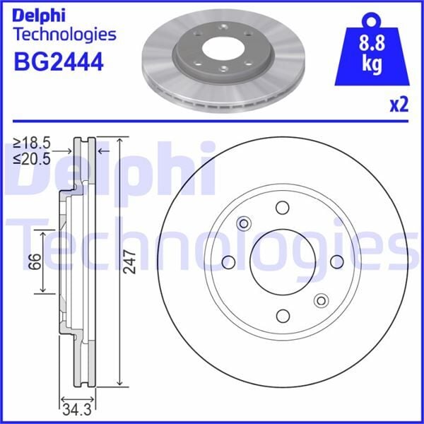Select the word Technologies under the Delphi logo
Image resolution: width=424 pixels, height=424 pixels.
tap(64, 33)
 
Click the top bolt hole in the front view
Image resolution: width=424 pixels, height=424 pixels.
tap(283, 208)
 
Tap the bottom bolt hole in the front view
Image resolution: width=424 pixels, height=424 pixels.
tap(283, 316)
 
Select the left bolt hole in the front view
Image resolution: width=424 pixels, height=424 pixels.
tap(228, 262)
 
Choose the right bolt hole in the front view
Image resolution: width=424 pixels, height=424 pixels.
tap(336, 262)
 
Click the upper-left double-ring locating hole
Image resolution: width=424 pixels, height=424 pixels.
tap(245, 224)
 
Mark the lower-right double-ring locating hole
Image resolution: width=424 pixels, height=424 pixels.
tap(321, 300)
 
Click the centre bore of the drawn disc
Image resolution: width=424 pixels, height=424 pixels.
tap(283, 262)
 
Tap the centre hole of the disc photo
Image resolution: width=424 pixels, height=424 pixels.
tap(220, 50)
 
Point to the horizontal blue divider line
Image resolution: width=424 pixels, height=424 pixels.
tap(212, 122)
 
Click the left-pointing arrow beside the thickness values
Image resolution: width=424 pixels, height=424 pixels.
tap(102, 151)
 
